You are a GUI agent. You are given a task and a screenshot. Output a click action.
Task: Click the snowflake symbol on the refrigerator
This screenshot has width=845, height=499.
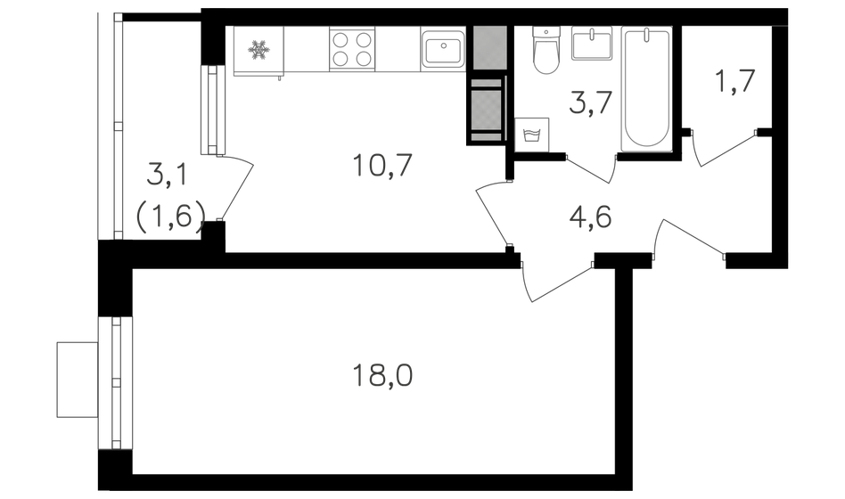click(x=258, y=50)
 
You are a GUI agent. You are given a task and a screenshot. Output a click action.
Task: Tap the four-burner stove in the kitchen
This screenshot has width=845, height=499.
click(x=352, y=49)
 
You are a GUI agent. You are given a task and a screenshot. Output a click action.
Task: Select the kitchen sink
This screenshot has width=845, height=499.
click(x=443, y=49)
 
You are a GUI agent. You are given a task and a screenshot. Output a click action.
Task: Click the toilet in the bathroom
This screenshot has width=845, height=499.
click(x=546, y=50)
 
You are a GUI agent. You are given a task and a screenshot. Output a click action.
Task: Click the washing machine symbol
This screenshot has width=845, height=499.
click(x=532, y=135)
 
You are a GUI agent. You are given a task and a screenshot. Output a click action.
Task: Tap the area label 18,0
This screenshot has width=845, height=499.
click(x=382, y=376)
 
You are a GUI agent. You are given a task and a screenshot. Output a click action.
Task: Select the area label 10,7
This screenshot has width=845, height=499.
click(x=382, y=165)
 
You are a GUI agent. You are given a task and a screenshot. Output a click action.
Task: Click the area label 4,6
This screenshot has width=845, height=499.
click(x=590, y=217)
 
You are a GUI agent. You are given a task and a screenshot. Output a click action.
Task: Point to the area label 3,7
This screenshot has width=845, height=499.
click(x=591, y=103)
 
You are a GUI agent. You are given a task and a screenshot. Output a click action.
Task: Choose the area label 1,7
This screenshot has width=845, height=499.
click(x=734, y=82)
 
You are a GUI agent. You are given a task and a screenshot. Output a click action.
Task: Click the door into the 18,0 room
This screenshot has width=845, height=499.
click(x=555, y=282)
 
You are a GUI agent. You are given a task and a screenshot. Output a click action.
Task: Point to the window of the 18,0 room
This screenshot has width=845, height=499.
click(x=115, y=382)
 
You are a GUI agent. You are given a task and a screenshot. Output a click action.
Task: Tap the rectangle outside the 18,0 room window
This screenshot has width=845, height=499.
click(x=77, y=380)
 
